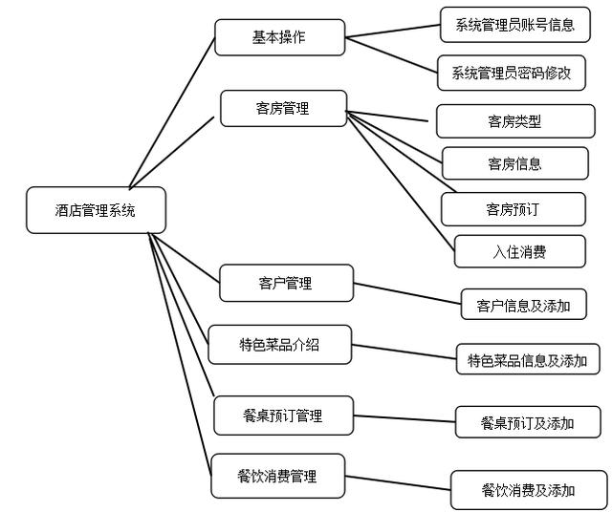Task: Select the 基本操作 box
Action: (279, 37)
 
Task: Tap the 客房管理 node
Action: (283, 108)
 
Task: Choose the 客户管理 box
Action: (285, 283)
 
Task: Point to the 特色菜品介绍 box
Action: (279, 345)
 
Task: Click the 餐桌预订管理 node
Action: (283, 416)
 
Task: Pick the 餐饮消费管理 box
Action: (277, 475)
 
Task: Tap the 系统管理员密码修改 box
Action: (511, 72)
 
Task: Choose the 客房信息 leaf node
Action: (514, 163)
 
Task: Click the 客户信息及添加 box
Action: (523, 305)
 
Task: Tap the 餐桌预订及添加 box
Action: (528, 421)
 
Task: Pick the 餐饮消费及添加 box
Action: (528, 489)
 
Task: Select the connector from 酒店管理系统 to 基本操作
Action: (172, 110)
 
